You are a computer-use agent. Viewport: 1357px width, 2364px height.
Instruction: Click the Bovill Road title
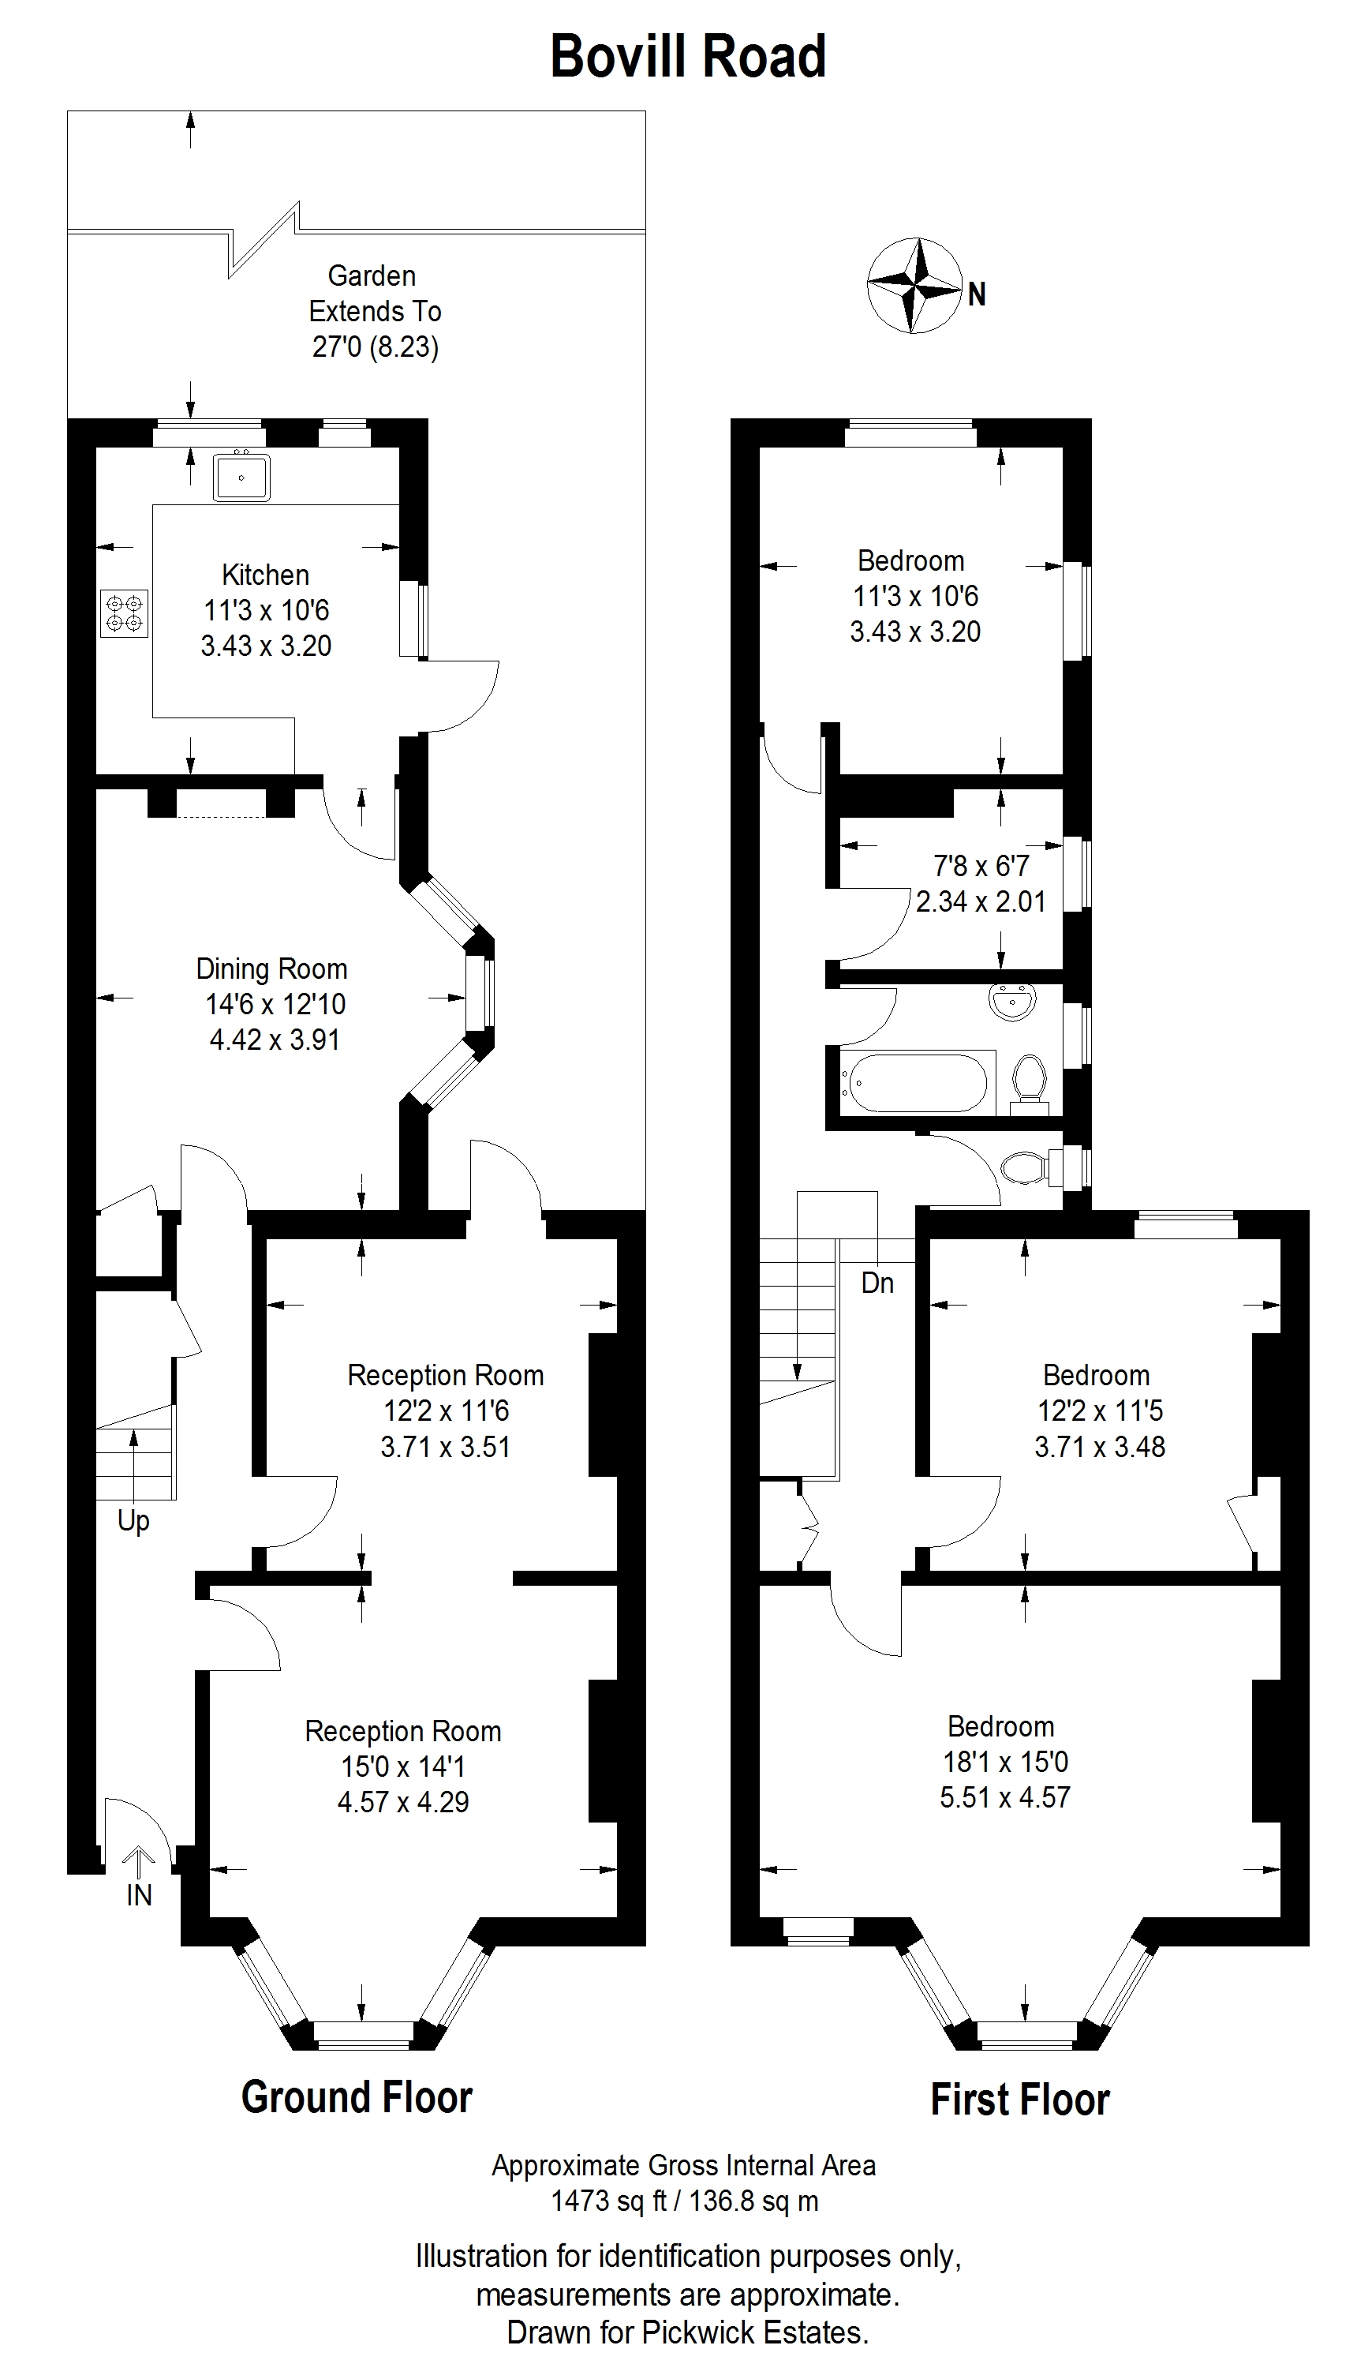[688, 56]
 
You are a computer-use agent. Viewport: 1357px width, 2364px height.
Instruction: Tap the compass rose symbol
[914, 285]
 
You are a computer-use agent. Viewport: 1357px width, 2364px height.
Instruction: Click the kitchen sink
[241, 478]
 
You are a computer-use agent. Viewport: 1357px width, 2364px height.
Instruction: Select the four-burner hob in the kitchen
[124, 613]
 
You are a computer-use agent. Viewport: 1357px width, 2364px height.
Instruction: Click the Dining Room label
[271, 968]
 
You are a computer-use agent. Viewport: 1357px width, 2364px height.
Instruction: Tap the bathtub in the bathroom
[915, 1082]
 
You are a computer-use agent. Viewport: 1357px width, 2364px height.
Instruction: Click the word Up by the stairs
[133, 1520]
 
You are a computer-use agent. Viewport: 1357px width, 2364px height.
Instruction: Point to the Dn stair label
[877, 1283]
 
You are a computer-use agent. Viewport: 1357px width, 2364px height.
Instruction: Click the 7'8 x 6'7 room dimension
[981, 866]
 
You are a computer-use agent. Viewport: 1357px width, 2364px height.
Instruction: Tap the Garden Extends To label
[374, 293]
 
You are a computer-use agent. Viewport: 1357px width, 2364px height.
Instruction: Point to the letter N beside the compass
[977, 294]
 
